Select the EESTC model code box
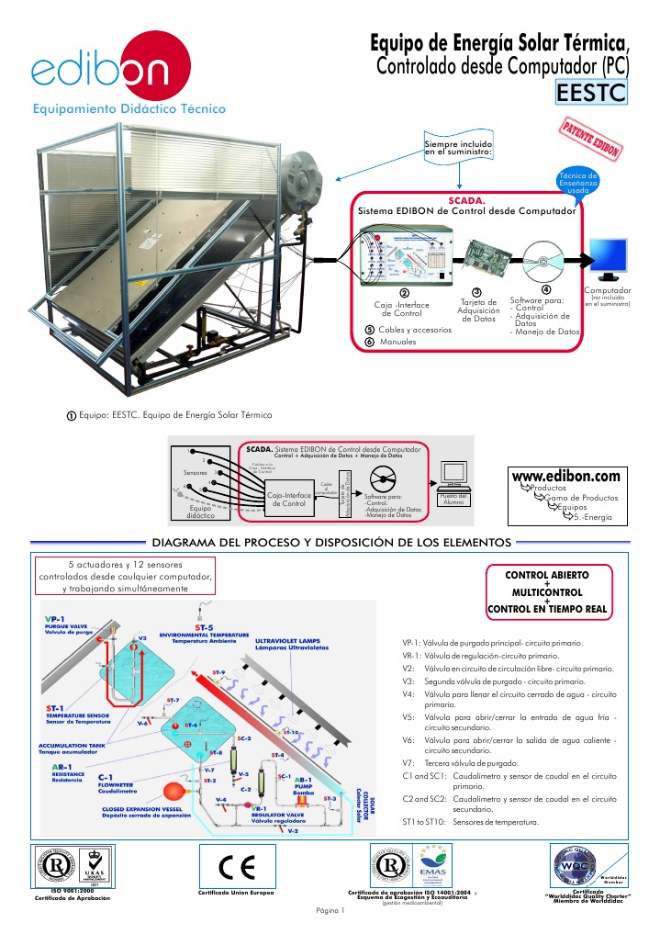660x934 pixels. click(592, 94)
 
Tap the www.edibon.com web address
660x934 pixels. click(566, 476)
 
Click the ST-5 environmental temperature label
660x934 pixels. click(204, 631)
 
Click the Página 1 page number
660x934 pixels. click(329, 911)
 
